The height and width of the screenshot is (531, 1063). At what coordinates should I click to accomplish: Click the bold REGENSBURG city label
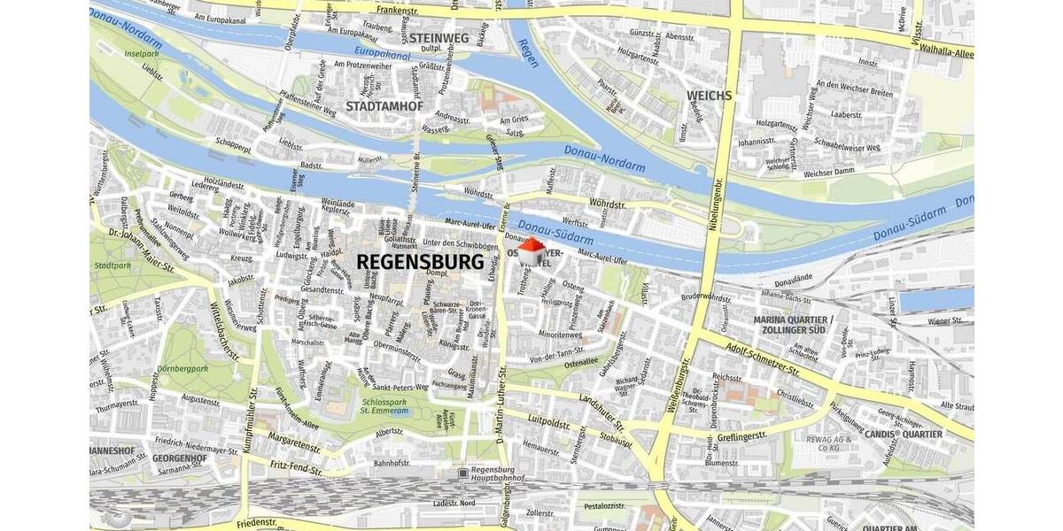point(421,262)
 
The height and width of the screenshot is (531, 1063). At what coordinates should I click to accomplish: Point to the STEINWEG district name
point(439,38)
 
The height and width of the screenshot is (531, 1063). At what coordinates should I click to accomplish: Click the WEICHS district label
point(708,95)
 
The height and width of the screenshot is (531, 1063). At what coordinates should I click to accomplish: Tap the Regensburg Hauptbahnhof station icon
point(463,473)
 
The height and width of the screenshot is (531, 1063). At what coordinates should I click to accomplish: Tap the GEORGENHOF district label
point(180,458)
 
